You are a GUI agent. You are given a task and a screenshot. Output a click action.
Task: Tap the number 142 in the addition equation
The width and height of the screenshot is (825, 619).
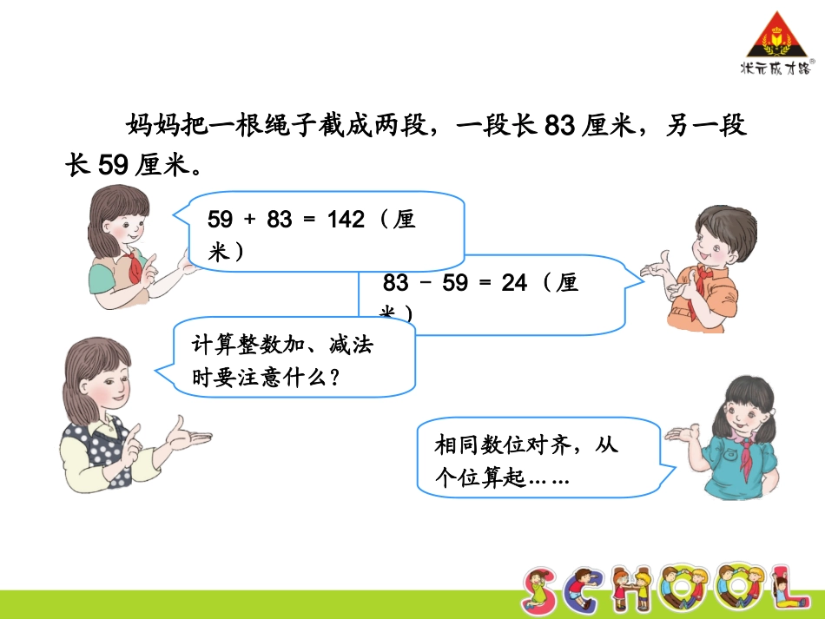pyautogui.click(x=346, y=220)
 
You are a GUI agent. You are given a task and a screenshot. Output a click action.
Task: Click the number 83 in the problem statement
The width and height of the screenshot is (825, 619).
pyautogui.click(x=560, y=127)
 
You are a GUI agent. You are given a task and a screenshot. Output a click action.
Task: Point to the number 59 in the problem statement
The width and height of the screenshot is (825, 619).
pyautogui.click(x=112, y=165)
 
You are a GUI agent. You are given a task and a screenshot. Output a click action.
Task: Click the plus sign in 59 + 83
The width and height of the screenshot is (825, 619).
pyautogui.click(x=250, y=220)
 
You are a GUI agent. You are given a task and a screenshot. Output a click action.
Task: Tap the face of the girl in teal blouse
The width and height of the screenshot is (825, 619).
pyautogui.click(x=744, y=412)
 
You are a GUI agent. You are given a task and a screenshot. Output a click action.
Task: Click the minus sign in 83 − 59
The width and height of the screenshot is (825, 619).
pyautogui.click(x=425, y=284)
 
